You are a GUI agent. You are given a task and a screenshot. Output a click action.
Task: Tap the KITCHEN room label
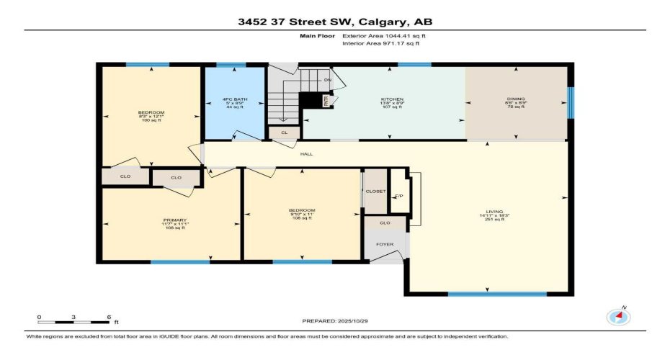[x=392, y=99]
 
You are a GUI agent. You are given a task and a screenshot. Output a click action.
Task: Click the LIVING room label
[x=489, y=210]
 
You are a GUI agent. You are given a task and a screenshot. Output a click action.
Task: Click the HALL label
[x=307, y=153]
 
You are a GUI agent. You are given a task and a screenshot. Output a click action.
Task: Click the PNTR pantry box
[x=325, y=101]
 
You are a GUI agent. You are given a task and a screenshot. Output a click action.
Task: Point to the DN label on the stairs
[x=327, y=80]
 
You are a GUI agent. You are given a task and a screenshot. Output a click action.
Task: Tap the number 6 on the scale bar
[x=107, y=317]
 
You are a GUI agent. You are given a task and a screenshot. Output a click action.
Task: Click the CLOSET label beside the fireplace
[x=375, y=192]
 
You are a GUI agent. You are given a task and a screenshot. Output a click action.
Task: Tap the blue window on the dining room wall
[x=571, y=102]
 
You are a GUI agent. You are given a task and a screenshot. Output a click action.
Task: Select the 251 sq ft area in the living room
[x=489, y=219]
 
